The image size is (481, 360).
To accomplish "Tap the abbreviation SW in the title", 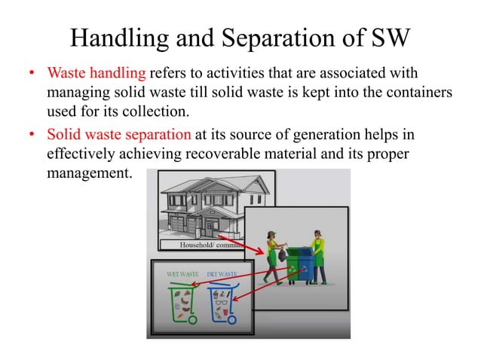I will (x=388, y=37).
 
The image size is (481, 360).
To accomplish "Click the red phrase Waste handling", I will (x=96, y=75).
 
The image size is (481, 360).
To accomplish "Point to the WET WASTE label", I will (x=182, y=274).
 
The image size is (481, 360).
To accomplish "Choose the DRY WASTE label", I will (x=222, y=274).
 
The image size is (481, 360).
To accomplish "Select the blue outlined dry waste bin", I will (x=222, y=303).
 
